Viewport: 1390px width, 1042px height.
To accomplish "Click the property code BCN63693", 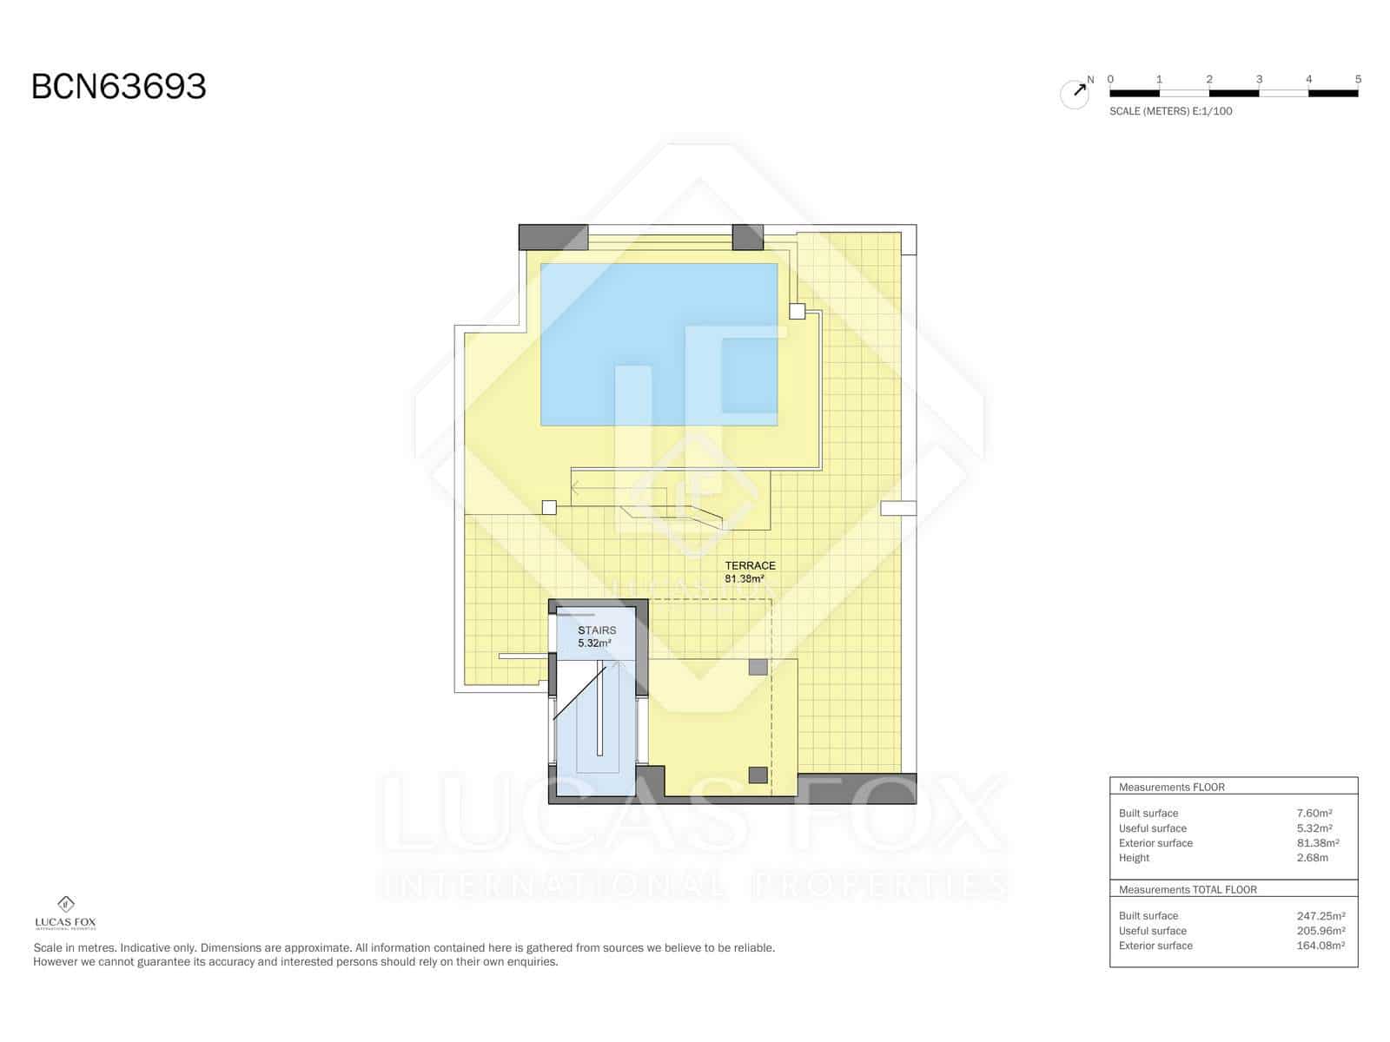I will [x=119, y=87].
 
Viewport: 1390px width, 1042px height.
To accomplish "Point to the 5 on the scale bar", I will [x=1358, y=79].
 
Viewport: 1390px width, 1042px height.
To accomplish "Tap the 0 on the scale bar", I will [x=1110, y=79].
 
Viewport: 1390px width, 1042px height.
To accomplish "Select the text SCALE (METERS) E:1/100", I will [x=1170, y=111].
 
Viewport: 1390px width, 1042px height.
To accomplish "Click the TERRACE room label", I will [x=750, y=565].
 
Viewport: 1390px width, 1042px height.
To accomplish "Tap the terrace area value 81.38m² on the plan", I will [x=745, y=578].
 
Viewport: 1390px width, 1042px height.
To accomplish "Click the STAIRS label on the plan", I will [x=597, y=630].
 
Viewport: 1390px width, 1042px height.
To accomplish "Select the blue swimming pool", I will [x=659, y=344].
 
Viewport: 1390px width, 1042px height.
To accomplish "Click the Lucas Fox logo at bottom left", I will [x=65, y=912].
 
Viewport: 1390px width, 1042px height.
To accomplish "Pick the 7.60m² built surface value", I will [x=1314, y=814].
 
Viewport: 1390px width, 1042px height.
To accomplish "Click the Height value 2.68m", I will [x=1312, y=858].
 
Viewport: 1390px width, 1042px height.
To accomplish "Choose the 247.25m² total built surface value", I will [x=1320, y=916].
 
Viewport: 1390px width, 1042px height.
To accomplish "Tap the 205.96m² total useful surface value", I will [x=1320, y=931].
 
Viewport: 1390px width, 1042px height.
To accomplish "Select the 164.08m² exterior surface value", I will [x=1320, y=946].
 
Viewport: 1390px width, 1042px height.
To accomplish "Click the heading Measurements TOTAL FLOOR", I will [x=1188, y=890].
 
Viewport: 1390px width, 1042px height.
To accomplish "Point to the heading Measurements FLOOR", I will [x=1171, y=788].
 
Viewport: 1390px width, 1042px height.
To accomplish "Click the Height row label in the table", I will [x=1134, y=858].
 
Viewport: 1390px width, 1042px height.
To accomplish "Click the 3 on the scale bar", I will [x=1259, y=79].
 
